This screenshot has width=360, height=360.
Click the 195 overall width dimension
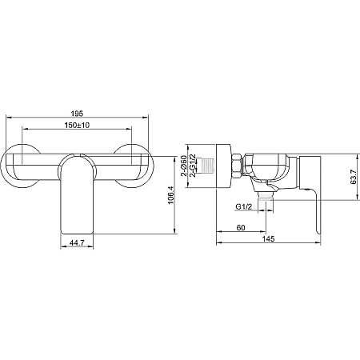tap(77, 114)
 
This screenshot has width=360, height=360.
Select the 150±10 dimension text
tap(77, 125)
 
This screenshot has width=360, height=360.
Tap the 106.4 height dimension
tap(171, 195)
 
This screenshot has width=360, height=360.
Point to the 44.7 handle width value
tap(77, 243)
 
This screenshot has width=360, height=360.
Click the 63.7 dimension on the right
tap(354, 177)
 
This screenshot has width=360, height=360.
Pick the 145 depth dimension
tap(268, 238)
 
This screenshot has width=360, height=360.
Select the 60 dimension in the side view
tap(241, 228)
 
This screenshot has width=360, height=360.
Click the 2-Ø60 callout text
tap(184, 166)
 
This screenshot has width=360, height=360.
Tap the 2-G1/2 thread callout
tap(193, 166)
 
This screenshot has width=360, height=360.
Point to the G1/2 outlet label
tap(244, 206)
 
